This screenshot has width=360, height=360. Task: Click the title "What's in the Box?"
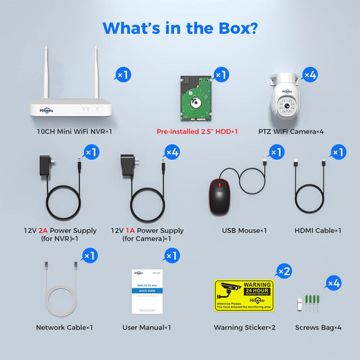pyautogui.click(x=180, y=28)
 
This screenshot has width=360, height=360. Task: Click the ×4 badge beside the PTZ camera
pyautogui.click(x=309, y=75)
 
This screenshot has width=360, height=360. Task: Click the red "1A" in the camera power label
pyautogui.click(x=130, y=230)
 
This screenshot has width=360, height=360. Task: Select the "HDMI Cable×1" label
pyautogui.click(x=318, y=230)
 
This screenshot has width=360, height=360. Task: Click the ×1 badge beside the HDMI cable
pyautogui.click(x=337, y=153)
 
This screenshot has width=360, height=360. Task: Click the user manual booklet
pyautogui.click(x=149, y=291)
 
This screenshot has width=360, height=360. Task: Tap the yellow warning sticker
pyautogui.click(x=244, y=295)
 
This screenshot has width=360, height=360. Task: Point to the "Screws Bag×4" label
pyautogui.click(x=318, y=328)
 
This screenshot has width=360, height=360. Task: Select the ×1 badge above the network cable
pyautogui.click(x=90, y=255)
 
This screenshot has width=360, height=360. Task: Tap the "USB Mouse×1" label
pyautogui.click(x=244, y=230)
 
